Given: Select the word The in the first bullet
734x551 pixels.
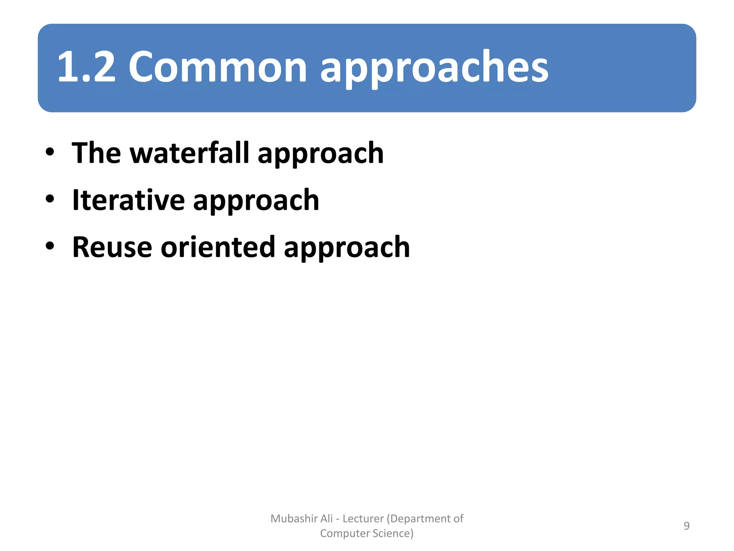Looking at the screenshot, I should [96, 153].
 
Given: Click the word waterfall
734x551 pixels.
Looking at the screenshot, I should [189, 153].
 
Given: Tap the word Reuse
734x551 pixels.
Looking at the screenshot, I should [112, 247].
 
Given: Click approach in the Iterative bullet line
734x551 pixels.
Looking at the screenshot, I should [256, 202].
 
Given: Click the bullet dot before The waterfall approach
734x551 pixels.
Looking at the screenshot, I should [50, 152].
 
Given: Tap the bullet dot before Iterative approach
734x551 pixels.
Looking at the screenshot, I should [50, 199].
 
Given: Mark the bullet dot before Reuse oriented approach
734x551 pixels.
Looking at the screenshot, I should [50, 246].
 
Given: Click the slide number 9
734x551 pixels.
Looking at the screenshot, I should [686, 526].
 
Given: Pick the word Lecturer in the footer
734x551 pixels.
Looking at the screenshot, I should [363, 519].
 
